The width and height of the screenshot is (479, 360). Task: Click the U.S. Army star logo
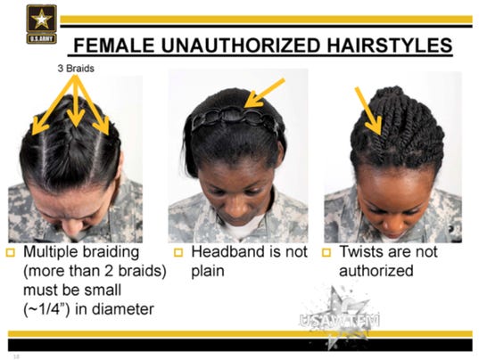tap(42, 24)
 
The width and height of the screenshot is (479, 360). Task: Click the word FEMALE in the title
tap(114, 45)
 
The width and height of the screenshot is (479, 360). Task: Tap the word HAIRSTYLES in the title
tap(390, 45)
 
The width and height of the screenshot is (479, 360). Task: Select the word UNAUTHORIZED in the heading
tap(241, 45)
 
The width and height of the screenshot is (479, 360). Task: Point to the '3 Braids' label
tap(76, 69)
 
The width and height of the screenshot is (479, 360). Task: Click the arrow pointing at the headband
tap(265, 93)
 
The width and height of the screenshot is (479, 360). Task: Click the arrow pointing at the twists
tap(368, 110)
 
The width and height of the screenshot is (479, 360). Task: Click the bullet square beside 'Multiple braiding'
tap(11, 252)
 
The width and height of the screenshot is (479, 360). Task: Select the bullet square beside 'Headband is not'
tap(178, 252)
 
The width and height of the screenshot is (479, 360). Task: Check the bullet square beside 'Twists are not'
tap(326, 252)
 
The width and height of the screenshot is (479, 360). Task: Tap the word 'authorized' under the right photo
tap(376, 271)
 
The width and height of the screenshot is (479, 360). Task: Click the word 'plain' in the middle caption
tap(208, 272)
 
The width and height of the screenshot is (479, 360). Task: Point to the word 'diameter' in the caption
tap(123, 309)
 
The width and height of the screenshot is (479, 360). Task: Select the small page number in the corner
tap(16, 356)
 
